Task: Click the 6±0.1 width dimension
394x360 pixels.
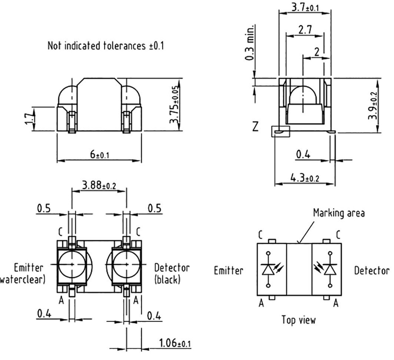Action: click(x=100, y=154)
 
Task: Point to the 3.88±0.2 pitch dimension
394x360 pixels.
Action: click(x=99, y=185)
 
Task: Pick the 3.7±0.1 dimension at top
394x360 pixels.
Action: click(x=305, y=6)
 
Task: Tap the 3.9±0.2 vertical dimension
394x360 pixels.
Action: click(x=372, y=105)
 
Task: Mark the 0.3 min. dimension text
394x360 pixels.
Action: click(x=250, y=42)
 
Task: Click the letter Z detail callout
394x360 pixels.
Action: click(x=255, y=127)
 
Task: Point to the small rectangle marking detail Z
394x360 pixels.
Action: click(x=280, y=132)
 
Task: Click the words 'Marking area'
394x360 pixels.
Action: click(x=338, y=213)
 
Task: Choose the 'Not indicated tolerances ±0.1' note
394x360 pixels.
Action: click(x=105, y=46)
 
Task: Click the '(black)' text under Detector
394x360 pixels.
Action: click(x=167, y=280)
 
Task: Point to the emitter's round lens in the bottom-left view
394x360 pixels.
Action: click(x=72, y=265)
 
